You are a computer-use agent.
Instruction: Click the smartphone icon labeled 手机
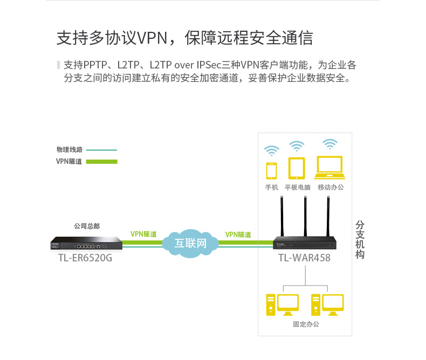point(271,170)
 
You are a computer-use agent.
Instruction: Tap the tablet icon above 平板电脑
point(297,168)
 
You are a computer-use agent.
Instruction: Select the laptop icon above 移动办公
point(330,168)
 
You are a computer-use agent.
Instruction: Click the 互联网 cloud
point(190,243)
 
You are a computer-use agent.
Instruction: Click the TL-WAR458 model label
point(304,258)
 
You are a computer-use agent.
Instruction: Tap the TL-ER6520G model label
point(85,258)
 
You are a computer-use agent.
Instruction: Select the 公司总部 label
point(87,226)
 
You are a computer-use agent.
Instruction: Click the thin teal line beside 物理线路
point(101,150)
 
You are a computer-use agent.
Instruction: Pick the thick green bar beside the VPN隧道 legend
point(101,161)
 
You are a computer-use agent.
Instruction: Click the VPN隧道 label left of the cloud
point(143,234)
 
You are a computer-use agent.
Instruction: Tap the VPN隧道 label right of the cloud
point(238,234)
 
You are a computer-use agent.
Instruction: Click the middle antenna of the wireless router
point(305,216)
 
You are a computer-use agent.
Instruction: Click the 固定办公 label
point(306,324)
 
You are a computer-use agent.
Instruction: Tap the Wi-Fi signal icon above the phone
point(271,149)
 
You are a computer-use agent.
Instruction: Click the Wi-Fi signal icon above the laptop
point(329,144)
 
